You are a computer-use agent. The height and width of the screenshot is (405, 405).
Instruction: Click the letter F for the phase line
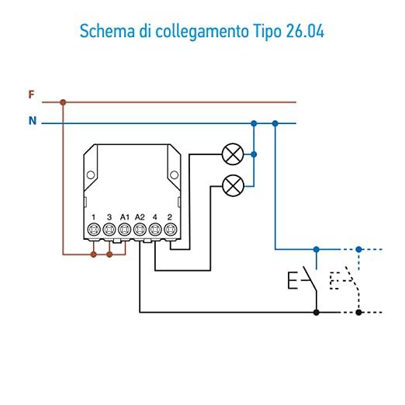(x=31, y=95)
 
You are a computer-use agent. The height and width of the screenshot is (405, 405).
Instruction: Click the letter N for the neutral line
(x=33, y=121)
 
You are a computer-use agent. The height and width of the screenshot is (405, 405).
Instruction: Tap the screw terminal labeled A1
(x=124, y=230)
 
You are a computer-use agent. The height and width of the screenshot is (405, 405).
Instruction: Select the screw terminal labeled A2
(x=140, y=230)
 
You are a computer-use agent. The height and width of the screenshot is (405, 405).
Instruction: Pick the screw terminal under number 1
(x=94, y=230)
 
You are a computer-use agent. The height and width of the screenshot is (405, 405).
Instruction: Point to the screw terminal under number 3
(x=109, y=230)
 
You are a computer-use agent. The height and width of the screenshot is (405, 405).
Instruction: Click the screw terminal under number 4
(x=155, y=230)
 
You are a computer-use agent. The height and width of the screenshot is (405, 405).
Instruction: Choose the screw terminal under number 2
(x=170, y=230)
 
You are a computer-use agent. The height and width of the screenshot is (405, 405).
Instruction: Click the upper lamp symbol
(x=233, y=154)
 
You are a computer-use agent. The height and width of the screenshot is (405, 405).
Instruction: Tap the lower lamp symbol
(x=233, y=185)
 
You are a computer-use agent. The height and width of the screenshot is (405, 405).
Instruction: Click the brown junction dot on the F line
(x=63, y=102)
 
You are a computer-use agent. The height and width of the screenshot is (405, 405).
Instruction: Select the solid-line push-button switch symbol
(x=303, y=281)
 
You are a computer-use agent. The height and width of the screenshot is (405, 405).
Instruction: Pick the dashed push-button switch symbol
(x=344, y=281)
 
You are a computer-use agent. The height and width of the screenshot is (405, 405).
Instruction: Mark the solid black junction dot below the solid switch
(x=316, y=313)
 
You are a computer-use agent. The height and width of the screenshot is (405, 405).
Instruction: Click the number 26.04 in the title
(x=305, y=31)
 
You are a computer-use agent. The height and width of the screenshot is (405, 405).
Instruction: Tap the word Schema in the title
(x=107, y=31)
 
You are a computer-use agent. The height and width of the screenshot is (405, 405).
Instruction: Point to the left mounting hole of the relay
(x=91, y=175)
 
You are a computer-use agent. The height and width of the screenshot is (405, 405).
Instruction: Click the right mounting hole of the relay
(x=174, y=175)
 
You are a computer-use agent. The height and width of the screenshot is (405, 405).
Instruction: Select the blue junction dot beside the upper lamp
(x=254, y=154)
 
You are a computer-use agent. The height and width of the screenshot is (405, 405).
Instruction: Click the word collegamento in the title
(x=202, y=32)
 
